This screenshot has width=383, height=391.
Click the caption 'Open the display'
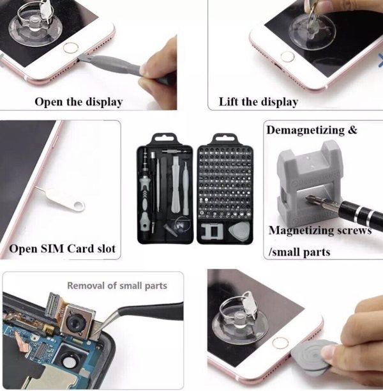click(78, 102)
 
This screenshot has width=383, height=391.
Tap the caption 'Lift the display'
click(258, 102)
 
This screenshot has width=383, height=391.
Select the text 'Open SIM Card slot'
click(63, 249)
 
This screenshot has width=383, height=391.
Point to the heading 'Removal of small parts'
click(117, 286)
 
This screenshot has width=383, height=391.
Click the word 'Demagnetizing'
click(304, 130)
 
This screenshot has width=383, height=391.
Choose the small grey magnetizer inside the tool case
click(211, 233)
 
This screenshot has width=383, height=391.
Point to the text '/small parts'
click(299, 252)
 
